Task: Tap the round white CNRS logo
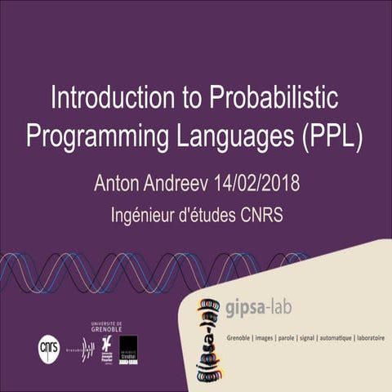tap(49, 348)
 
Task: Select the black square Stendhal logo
tap(128, 349)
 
